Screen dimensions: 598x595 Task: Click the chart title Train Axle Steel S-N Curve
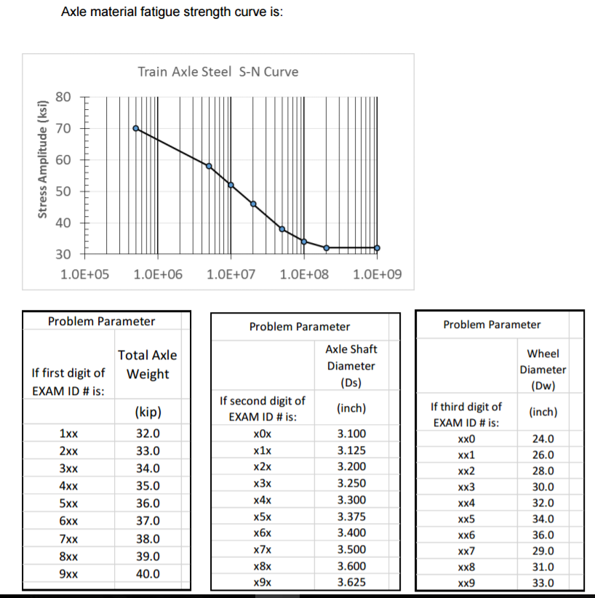(217, 72)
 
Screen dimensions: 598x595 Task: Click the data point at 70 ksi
(136, 128)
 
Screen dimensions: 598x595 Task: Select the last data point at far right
(377, 248)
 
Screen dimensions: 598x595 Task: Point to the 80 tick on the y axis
(63, 97)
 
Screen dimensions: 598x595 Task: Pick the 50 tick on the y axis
(63, 191)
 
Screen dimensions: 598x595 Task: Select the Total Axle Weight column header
(148, 364)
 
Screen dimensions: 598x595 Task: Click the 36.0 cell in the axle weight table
(148, 503)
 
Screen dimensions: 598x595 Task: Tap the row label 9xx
(69, 573)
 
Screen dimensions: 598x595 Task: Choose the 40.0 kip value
(148, 573)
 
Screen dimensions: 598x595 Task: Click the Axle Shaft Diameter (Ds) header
(351, 366)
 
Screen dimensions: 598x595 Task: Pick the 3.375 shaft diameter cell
(352, 517)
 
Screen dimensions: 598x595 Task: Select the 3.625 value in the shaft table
(352, 582)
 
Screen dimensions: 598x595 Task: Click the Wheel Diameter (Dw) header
(543, 369)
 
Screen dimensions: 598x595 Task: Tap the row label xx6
(466, 535)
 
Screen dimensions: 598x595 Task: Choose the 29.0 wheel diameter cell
(543, 551)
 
